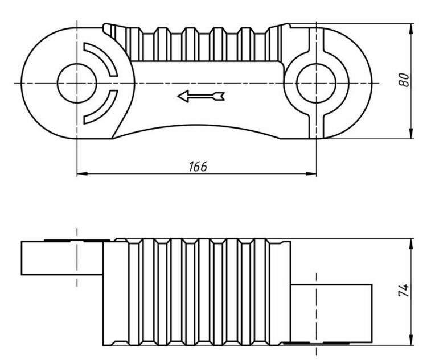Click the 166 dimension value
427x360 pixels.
pos(198,166)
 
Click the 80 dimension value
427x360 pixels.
pos(404,80)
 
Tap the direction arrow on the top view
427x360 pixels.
pos(201,96)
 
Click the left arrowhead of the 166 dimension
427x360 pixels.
pos(80,173)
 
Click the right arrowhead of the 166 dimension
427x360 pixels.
pos(313,173)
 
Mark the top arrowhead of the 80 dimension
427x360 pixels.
pos(412,27)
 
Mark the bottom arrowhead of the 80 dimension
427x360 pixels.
pos(412,135)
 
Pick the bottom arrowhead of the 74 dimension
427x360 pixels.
pos(412,341)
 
